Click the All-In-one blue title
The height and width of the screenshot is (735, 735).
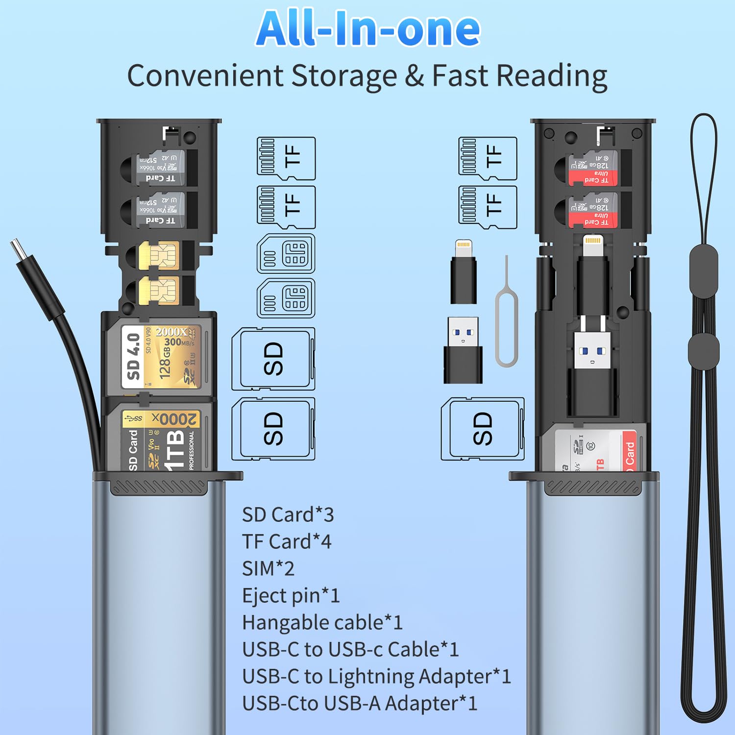click(367, 28)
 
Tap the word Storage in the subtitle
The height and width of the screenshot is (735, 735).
click(344, 76)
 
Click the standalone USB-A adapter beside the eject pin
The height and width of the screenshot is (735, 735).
click(463, 350)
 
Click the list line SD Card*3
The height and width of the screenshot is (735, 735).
click(288, 514)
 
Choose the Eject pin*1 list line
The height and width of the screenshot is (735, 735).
click(291, 595)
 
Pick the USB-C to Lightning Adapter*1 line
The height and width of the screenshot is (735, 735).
click(376, 676)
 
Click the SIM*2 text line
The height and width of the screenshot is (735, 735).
click(268, 568)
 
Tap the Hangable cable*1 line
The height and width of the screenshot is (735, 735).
click(322, 622)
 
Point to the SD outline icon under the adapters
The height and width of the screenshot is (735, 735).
click(483, 429)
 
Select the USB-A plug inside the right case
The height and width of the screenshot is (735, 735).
click(593, 351)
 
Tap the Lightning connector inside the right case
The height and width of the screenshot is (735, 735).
click(593, 245)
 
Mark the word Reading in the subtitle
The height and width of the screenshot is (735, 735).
click(551, 76)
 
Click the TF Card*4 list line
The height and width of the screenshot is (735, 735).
click(287, 541)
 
